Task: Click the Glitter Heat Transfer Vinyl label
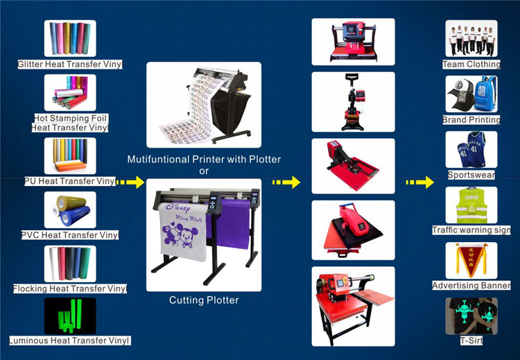point(70,65)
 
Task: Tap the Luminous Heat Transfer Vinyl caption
point(70,341)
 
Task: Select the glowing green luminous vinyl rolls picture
point(70,316)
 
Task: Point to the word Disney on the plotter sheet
point(177,207)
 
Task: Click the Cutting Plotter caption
point(204,300)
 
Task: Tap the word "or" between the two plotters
point(204,171)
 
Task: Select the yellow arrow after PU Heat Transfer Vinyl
point(130,182)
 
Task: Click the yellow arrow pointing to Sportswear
point(420,182)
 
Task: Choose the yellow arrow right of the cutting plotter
point(286,182)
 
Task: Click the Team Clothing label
point(471,65)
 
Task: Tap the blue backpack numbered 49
point(485,94)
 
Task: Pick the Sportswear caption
point(471,175)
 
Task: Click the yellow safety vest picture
point(471,205)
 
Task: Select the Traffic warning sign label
point(471,230)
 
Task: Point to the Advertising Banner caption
point(471,285)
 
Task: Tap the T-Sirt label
point(471,341)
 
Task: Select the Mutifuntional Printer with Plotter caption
point(204,160)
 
